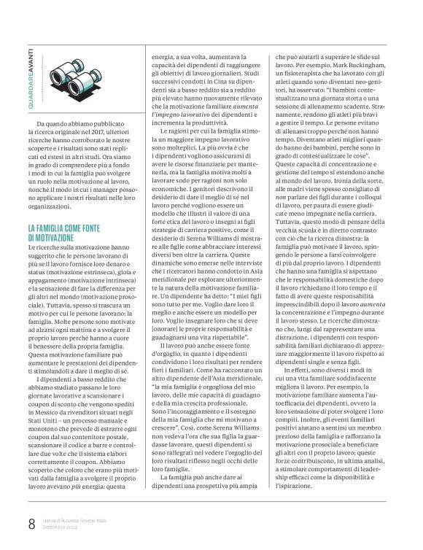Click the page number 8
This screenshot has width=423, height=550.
click(x=31, y=523)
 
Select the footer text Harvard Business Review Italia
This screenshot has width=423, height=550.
click(x=79, y=519)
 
